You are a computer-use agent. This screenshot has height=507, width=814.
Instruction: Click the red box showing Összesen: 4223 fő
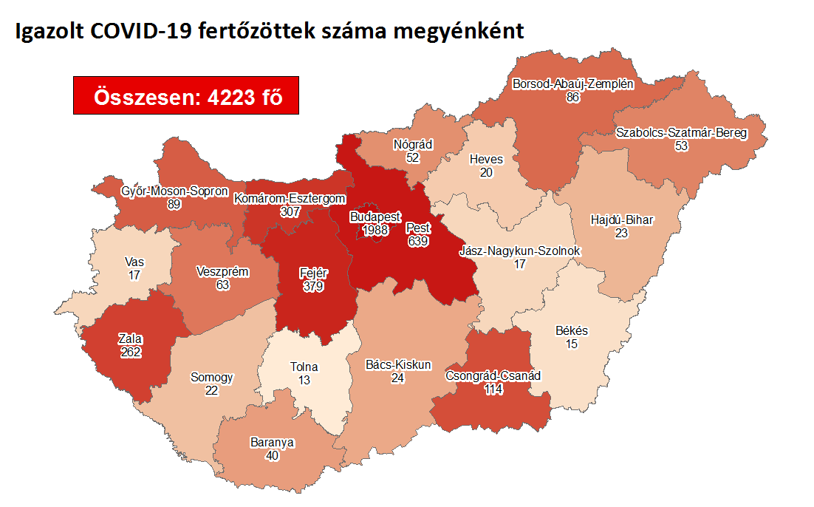tap(186, 95)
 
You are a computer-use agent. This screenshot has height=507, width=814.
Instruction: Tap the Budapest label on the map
tap(374, 218)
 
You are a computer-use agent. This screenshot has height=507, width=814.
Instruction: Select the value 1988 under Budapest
tap(374, 231)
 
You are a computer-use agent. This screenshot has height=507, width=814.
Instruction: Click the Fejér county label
tap(313, 273)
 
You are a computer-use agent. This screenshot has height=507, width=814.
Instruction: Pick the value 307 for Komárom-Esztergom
tap(290, 211)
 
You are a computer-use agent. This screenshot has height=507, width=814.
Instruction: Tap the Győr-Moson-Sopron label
tap(174, 191)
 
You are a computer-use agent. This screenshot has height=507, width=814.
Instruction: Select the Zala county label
tap(130, 339)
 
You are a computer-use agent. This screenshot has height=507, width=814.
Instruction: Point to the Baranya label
tap(272, 443)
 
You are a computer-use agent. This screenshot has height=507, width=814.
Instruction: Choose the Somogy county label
tap(212, 377)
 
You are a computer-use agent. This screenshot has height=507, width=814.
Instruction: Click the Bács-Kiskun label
tap(399, 364)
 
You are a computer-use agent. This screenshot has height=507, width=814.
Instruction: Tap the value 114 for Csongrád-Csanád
tap(493, 389)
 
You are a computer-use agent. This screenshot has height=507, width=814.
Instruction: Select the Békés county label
tap(572, 330)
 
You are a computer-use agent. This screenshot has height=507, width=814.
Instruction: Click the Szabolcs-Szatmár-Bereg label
tap(681, 133)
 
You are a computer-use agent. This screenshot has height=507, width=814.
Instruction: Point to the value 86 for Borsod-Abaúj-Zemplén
tap(572, 97)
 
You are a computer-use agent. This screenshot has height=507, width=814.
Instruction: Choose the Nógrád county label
tap(413, 144)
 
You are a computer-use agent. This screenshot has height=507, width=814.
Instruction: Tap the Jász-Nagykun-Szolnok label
tap(520, 251)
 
